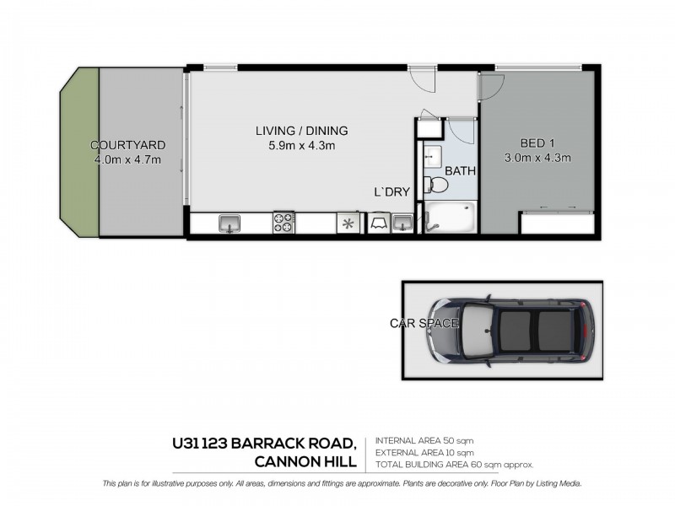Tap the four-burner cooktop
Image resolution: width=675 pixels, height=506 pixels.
[283, 223]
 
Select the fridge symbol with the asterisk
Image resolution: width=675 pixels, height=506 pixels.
[347, 223]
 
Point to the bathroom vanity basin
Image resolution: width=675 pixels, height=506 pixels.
[431, 158]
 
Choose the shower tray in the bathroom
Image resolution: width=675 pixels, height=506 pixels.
[451, 218]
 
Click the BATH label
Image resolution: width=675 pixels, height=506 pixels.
[461, 171]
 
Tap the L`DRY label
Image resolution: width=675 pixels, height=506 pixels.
[391, 192]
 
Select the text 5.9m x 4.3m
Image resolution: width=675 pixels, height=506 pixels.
[301, 146]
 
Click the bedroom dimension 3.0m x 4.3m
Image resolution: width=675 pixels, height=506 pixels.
[537, 158]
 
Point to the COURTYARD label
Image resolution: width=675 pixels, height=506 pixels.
[128, 145]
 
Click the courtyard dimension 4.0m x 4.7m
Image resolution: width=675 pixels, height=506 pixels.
[128, 159]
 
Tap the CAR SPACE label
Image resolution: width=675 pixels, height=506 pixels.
[424, 323]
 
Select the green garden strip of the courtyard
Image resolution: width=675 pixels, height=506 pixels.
[83, 152]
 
